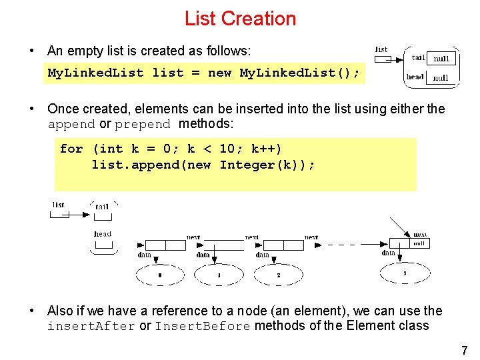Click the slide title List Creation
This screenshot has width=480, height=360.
pyautogui.click(x=240, y=19)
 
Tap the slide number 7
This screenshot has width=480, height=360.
pyautogui.click(x=464, y=350)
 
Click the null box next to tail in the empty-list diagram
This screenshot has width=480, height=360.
pyautogui.click(x=441, y=59)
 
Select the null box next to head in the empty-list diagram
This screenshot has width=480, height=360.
pyautogui.click(x=441, y=77)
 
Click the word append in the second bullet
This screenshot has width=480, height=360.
pyautogui.click(x=71, y=125)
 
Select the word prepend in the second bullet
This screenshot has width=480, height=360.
pyautogui.click(x=142, y=125)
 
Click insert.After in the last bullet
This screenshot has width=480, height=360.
pyautogui.click(x=91, y=327)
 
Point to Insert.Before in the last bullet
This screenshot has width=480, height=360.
pyautogui.click(x=203, y=327)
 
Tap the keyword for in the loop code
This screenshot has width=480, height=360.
pyautogui.click(x=71, y=149)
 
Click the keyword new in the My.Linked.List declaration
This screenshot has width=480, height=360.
pyautogui.click(x=219, y=73)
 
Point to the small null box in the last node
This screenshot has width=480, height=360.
pyautogui.click(x=419, y=244)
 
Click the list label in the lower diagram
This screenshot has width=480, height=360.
pyautogui.click(x=59, y=205)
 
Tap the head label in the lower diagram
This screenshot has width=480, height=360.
pyautogui.click(x=103, y=234)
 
